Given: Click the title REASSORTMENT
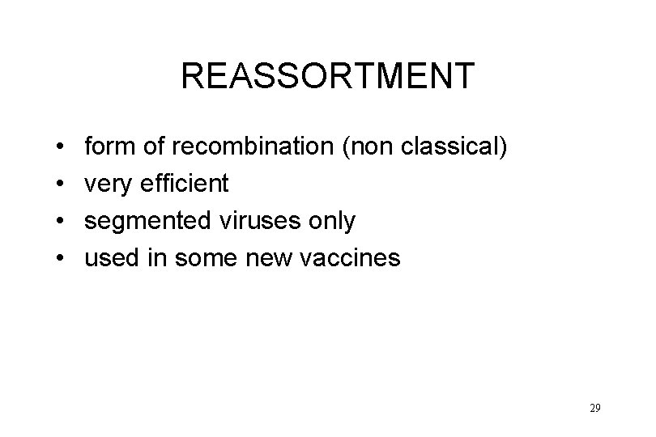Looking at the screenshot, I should [x=327, y=76].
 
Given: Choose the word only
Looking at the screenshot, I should [x=327, y=221].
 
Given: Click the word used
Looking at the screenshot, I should [x=111, y=258].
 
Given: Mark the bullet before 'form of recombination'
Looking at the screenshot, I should [x=62, y=147].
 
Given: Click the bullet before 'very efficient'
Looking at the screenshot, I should [x=62, y=185].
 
